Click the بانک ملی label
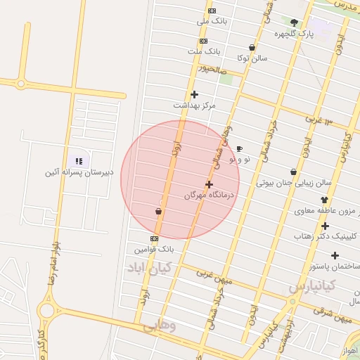[x=213, y=22]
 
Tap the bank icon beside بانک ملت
[x=203, y=41]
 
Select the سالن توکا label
[x=252, y=58]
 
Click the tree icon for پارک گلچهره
[x=294, y=22]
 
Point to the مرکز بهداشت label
[x=195, y=105]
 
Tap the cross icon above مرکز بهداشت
[x=195, y=94]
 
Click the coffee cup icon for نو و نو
[x=239, y=149]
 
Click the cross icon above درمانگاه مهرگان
[x=209, y=184]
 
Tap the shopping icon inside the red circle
[x=158, y=211]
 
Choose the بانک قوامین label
[x=155, y=249]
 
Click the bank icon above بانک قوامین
[x=155, y=238]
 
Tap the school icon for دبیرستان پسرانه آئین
[x=79, y=161]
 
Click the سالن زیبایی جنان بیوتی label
[x=292, y=183]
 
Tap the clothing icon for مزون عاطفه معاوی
[x=323, y=200]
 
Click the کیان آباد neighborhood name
[x=144, y=268]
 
